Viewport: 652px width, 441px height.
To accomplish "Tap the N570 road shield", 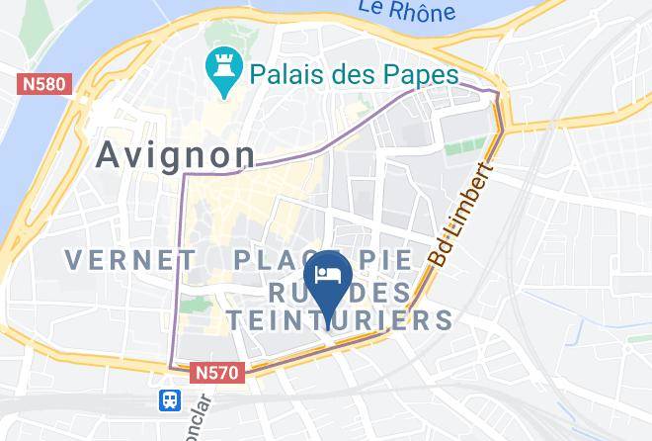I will pyautogui.click(x=217, y=373).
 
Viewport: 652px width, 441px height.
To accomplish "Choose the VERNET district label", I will pyautogui.click(x=129, y=260).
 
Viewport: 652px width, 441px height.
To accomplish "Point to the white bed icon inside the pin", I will pyautogui.click(x=326, y=270).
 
